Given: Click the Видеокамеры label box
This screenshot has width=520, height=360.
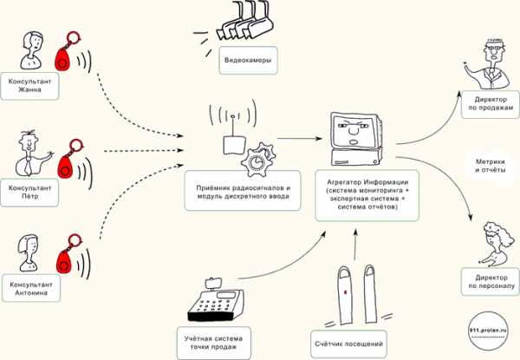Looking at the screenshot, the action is (x=248, y=61).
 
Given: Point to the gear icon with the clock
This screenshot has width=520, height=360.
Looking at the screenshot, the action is (x=258, y=160).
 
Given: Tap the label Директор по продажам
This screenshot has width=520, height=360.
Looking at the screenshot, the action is (x=491, y=104).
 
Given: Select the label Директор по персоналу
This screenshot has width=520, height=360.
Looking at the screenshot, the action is (x=491, y=282).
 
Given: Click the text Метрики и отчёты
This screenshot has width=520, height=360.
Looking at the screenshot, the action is (x=491, y=166).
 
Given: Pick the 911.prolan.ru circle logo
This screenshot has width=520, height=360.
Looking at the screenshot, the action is (x=489, y=331).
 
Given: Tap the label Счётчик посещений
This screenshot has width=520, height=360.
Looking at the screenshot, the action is (x=349, y=344).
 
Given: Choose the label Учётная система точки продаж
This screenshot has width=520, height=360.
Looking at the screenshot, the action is (x=213, y=343).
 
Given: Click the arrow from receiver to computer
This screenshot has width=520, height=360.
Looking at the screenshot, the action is (x=300, y=138).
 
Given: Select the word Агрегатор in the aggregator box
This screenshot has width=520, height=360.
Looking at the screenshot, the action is (x=343, y=182).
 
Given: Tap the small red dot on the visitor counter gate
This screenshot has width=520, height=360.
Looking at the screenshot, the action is (x=345, y=292).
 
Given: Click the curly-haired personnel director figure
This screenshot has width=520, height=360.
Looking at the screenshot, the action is (x=495, y=244).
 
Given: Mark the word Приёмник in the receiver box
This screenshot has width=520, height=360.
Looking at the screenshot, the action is (x=212, y=187).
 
